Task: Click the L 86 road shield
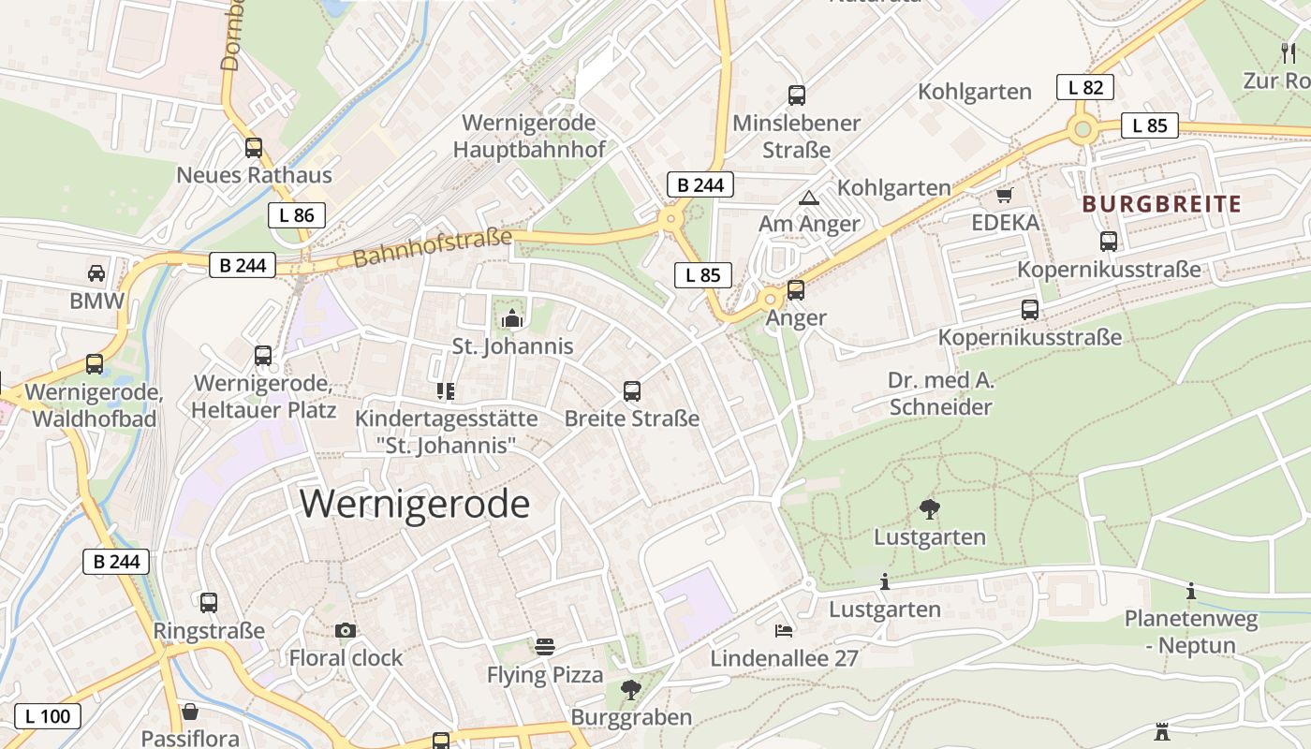[x=297, y=215]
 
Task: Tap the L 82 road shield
[x=1085, y=88]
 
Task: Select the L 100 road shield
[x=48, y=717]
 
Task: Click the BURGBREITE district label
[x=1161, y=204]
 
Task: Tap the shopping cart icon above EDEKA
[x=1005, y=196]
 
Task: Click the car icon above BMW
[x=96, y=273]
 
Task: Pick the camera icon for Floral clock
[x=346, y=631]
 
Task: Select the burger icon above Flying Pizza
[x=545, y=647]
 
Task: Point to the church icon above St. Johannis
[x=512, y=319]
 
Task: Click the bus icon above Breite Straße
[x=632, y=390]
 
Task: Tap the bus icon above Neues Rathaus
[x=254, y=147]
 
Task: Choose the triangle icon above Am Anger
[x=808, y=198]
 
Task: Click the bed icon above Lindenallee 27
[x=784, y=631]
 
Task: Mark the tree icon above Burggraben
[x=631, y=690]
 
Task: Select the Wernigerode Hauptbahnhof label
[x=529, y=136]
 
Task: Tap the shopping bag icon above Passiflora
[x=190, y=712]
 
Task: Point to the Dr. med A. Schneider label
[x=940, y=394]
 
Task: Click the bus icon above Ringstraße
[x=209, y=602]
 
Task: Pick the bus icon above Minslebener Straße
[x=797, y=95]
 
